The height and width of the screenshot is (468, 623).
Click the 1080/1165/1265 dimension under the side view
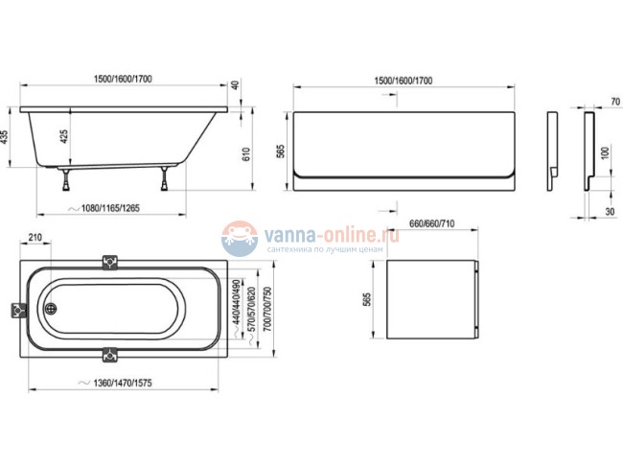(x=110, y=208)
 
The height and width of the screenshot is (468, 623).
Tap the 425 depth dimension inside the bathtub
(x=64, y=136)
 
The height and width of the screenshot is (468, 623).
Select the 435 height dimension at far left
(x=5, y=137)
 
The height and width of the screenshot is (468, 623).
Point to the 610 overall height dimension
(x=246, y=153)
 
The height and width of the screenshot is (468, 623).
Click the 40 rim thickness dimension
(x=235, y=85)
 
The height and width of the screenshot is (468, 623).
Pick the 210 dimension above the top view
(x=35, y=238)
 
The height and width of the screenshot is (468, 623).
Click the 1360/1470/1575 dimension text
(x=123, y=383)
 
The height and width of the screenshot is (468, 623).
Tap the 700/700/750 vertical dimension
(x=267, y=310)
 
